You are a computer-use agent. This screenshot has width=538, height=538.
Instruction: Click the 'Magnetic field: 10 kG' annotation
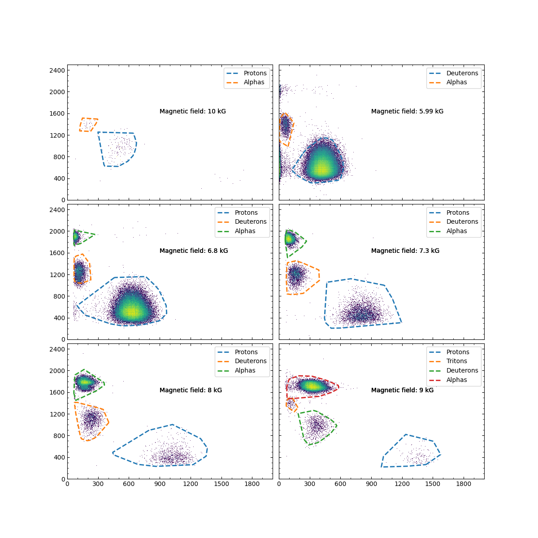click(193, 111)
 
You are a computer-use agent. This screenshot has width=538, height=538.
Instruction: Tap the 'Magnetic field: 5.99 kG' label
click(407, 111)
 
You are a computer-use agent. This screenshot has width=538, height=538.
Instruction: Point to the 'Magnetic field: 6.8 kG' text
click(194, 251)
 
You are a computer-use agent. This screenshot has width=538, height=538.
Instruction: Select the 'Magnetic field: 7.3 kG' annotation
click(405, 251)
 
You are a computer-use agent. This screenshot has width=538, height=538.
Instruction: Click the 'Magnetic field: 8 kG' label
click(191, 390)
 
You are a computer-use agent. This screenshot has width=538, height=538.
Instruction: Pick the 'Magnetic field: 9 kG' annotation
click(402, 390)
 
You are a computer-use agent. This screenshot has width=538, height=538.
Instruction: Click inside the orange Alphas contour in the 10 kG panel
click(88, 125)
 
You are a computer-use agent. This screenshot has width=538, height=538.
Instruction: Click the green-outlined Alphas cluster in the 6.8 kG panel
click(77, 237)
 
